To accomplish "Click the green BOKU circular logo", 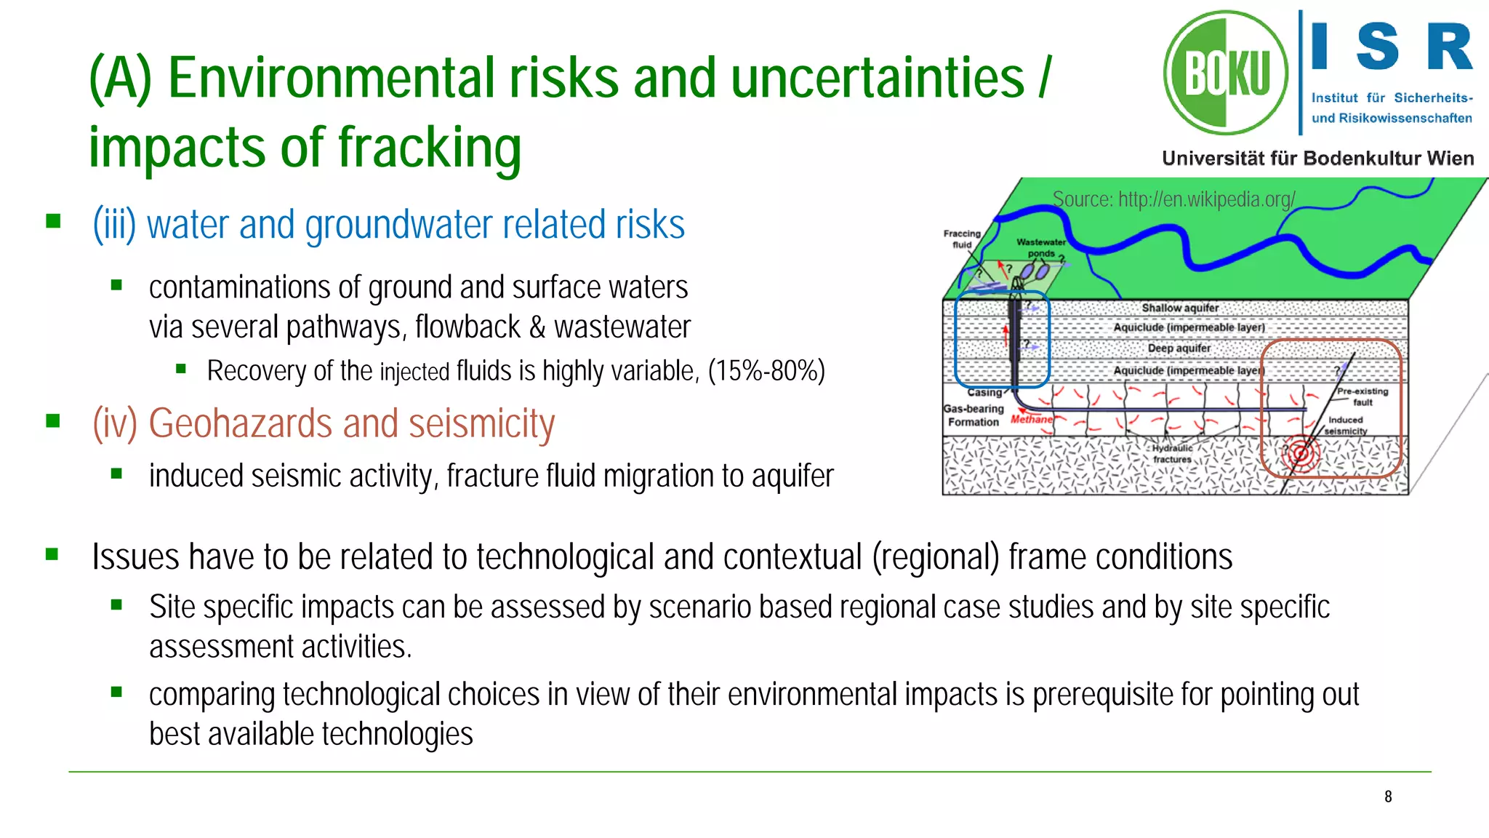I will point(1226,73).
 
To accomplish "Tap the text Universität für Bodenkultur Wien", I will point(1317,159).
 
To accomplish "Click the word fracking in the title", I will point(429,148).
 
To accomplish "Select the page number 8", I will point(1388,797).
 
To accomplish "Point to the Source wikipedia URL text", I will point(1173,199).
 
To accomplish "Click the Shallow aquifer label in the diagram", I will point(1179,308).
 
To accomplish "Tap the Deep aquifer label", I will point(1179,348).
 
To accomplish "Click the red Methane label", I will point(1031,419).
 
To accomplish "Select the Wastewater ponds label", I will point(1041,247).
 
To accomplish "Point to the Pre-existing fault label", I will point(1362,396).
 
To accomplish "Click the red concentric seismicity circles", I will point(1300,455).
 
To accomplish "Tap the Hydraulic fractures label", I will point(1172,454).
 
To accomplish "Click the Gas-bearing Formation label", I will point(974,415).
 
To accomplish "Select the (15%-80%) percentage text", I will point(766,371).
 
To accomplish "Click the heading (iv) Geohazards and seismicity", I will point(324,423).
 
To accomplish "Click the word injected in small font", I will point(414,372).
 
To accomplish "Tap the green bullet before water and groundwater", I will point(53,221).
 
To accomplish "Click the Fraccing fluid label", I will point(962,239).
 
